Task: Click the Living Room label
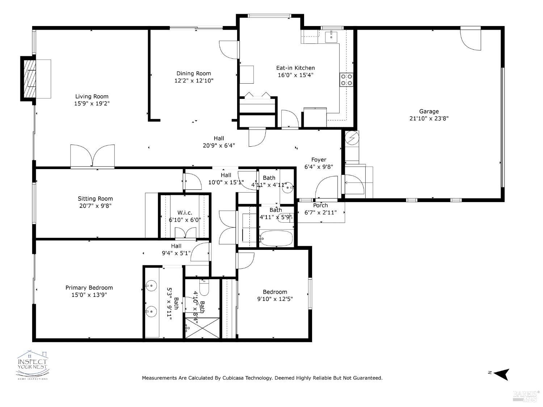pyautogui.click(x=92, y=96)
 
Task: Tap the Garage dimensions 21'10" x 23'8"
pyautogui.click(x=429, y=118)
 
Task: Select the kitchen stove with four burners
pyautogui.click(x=346, y=80)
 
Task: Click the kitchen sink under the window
pyautogui.click(x=331, y=36)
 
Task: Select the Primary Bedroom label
pyautogui.click(x=89, y=288)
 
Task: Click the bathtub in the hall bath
pyautogui.click(x=276, y=238)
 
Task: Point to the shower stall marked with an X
pyautogui.click(x=202, y=328)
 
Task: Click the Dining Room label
pyautogui.click(x=194, y=74)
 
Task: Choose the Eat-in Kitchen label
pyautogui.click(x=295, y=68)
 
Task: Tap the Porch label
pyautogui.click(x=320, y=205)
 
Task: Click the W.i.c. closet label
pyautogui.click(x=185, y=213)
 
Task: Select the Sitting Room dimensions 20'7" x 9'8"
pyautogui.click(x=95, y=206)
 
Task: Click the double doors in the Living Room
pyautogui.click(x=93, y=156)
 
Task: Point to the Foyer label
pyautogui.click(x=319, y=160)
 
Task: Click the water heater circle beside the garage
pyautogui.click(x=352, y=137)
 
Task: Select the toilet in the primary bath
pyautogui.click(x=205, y=288)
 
